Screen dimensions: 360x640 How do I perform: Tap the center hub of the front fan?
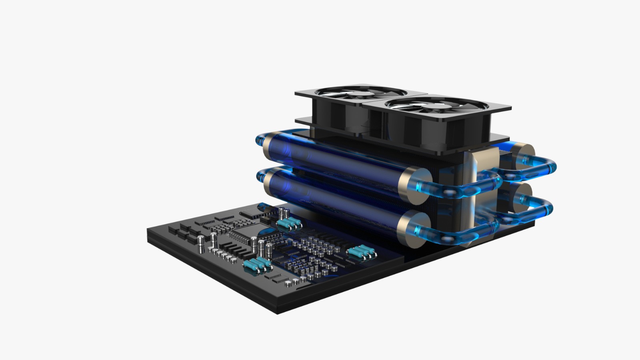coord(436,106)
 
